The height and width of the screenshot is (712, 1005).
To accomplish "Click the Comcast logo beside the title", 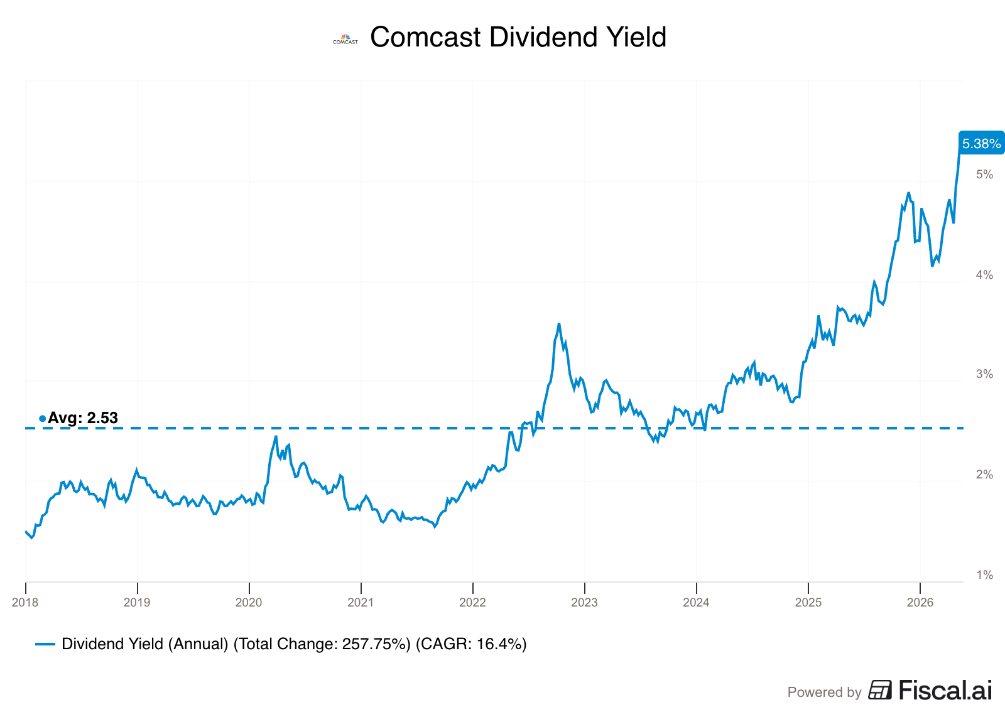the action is [x=345, y=39].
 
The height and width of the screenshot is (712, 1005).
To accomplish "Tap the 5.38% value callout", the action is [x=981, y=143].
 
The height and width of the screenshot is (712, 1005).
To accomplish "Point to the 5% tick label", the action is [x=985, y=175].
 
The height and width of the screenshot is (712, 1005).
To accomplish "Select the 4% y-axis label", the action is [x=985, y=275].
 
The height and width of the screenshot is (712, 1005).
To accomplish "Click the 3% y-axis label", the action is [x=985, y=374].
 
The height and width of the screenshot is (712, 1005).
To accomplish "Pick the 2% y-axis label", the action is [x=985, y=475].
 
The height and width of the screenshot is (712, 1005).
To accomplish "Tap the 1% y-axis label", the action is [x=985, y=575].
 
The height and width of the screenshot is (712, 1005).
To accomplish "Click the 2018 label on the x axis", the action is [x=25, y=603].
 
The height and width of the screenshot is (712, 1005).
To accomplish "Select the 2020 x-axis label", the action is [x=249, y=603].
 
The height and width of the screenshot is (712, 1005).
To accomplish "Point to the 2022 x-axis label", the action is [x=472, y=603].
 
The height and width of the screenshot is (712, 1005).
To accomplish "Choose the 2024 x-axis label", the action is [x=696, y=603].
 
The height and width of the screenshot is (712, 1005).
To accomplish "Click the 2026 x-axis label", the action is [x=920, y=603].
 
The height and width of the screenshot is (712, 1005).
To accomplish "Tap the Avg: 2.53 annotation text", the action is [x=82, y=418].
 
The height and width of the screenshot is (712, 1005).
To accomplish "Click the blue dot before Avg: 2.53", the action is [x=43, y=419].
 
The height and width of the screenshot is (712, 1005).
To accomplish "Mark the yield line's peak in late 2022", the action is [x=558, y=324].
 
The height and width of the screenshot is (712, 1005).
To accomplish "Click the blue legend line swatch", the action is [x=45, y=645].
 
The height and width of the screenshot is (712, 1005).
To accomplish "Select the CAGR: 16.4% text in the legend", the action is [x=471, y=644].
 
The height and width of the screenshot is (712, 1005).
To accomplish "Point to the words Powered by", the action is [x=824, y=693].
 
